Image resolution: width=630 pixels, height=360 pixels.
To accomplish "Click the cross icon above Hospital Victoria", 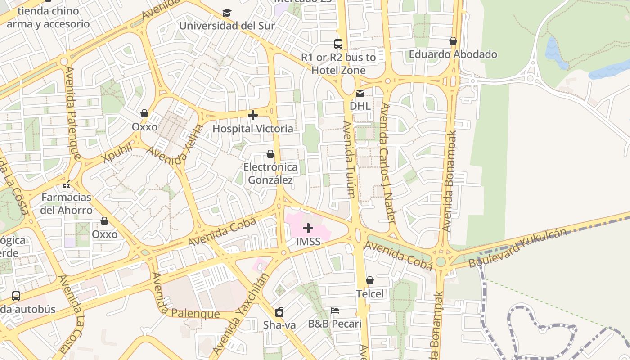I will pos(253,115).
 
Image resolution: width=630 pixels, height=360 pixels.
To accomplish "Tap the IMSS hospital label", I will pos(308,242).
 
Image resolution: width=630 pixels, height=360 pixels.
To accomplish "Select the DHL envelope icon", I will pos(360,93).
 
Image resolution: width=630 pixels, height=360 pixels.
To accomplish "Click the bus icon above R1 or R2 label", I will pos(338,44).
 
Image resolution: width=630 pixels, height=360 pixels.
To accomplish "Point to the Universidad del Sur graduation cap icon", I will pos(227,13).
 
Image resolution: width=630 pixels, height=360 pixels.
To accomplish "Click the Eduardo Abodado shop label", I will pos(453,54).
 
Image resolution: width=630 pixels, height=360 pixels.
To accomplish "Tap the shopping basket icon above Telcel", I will pos(370,280).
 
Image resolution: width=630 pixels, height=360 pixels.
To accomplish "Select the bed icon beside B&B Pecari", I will pos(334,310).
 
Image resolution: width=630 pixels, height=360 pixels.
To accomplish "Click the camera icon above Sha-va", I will pos(279,311).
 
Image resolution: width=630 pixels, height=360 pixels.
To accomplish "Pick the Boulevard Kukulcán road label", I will pos(517,247).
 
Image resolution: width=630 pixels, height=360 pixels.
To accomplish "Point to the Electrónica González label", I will pos(270,174).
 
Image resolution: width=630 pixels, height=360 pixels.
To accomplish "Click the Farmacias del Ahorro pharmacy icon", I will pos(66,184).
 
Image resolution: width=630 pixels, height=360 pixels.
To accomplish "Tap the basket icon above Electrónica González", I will pos(270,154).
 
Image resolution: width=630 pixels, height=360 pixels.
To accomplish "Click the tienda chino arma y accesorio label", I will pos(48,17).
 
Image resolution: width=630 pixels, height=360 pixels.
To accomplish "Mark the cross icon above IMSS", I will pos(308,228).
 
